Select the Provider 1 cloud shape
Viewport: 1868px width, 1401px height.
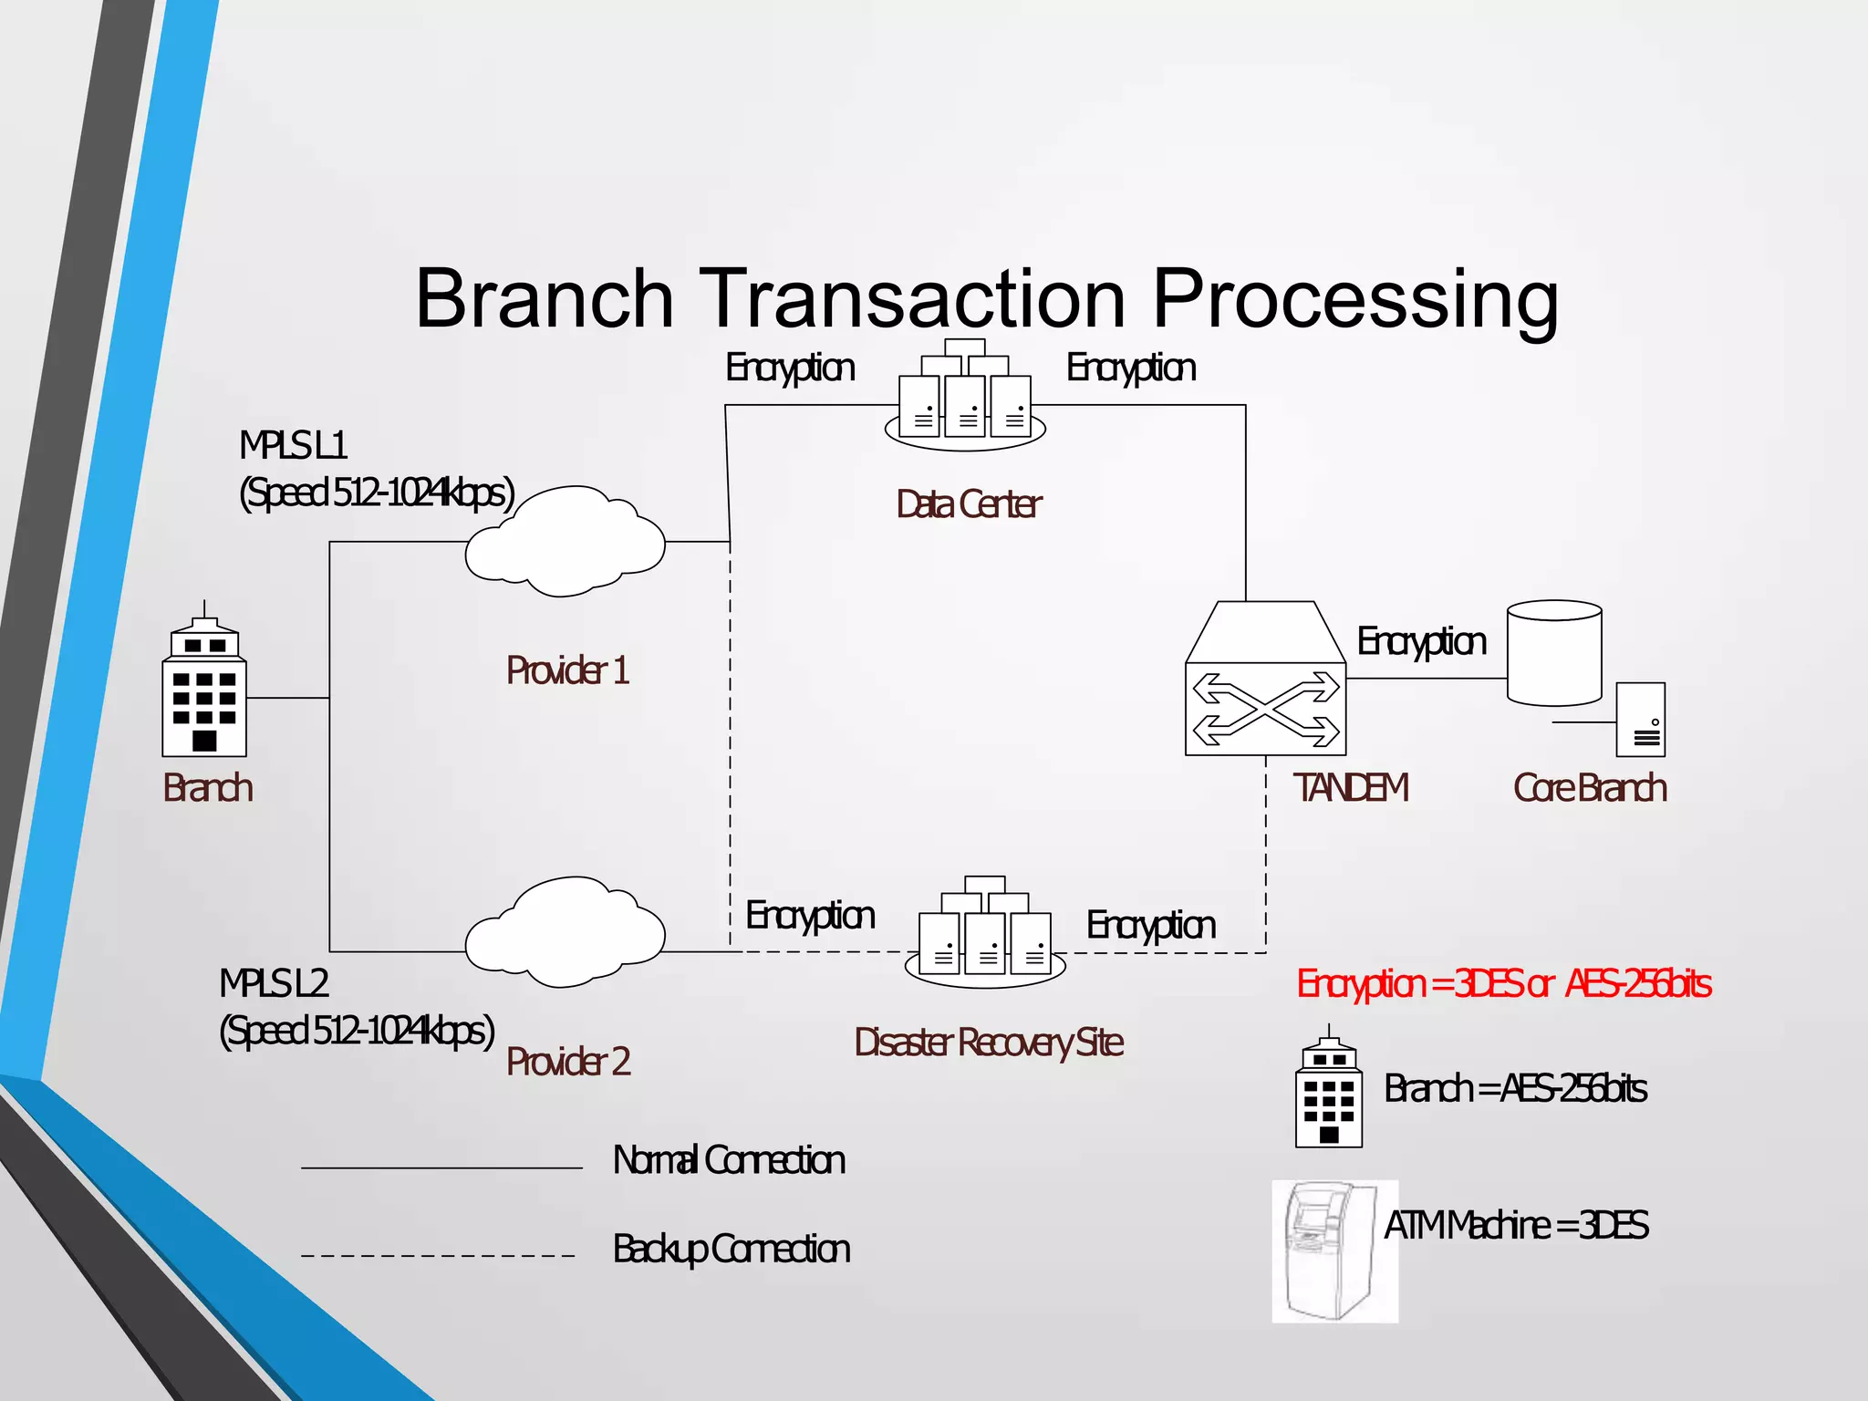[x=565, y=542]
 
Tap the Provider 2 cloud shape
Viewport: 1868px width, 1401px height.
[x=565, y=932]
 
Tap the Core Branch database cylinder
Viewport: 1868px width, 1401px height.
[x=1554, y=653]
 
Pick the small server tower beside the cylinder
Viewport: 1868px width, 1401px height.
[x=1640, y=720]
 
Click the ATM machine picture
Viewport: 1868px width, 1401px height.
[x=1334, y=1251]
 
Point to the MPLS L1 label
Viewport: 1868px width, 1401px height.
[x=294, y=446]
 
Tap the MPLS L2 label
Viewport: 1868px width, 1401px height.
[x=274, y=984]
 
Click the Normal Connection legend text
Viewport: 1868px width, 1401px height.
[x=729, y=1161]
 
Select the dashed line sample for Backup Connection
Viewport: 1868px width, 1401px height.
[x=439, y=1256]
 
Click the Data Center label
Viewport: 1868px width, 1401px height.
[x=969, y=504]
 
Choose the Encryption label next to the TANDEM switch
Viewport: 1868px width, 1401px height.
[x=1421, y=642]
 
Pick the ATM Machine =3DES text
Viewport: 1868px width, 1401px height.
[x=1515, y=1226]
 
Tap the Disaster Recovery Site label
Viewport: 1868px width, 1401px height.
[x=989, y=1043]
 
